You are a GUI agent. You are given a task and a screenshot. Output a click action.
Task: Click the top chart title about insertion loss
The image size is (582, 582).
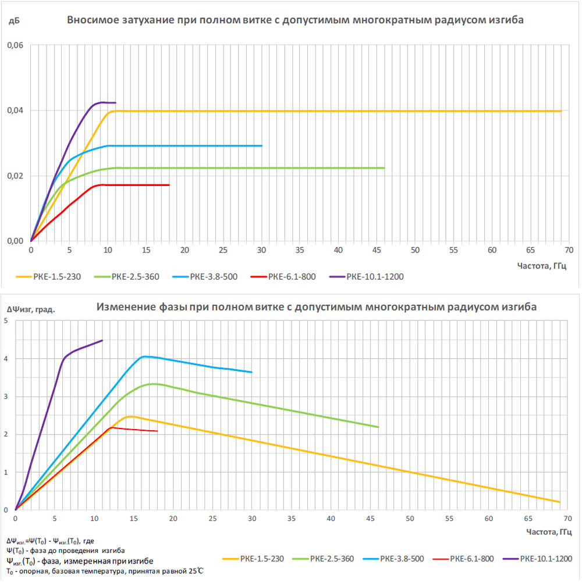click(295, 20)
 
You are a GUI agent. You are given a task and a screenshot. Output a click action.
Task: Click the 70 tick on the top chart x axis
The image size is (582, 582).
click(569, 251)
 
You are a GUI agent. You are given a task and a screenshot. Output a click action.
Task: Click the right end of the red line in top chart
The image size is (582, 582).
click(169, 185)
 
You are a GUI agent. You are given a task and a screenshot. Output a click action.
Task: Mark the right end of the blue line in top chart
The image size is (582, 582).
click(262, 145)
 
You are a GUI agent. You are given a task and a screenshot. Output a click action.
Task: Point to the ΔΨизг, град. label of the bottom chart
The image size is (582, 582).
click(31, 309)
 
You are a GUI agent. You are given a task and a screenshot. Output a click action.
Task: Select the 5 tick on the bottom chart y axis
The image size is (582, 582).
click(6, 321)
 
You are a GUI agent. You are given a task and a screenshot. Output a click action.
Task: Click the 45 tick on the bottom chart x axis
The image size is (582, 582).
click(370, 519)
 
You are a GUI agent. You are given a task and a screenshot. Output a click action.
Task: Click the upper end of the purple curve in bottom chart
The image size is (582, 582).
click(102, 341)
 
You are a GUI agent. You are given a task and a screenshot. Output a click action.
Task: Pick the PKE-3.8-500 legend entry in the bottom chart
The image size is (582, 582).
click(402, 559)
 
